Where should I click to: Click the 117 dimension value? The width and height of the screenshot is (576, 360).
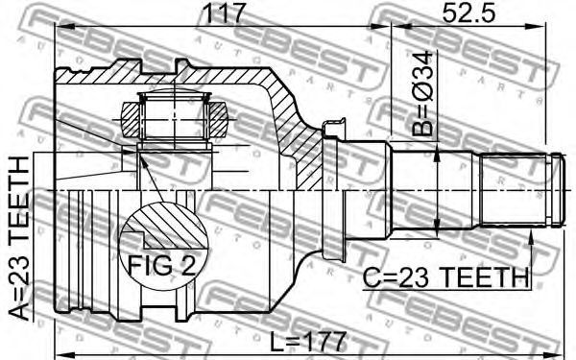click(x=224, y=12)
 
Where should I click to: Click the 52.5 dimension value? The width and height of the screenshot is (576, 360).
click(x=468, y=12)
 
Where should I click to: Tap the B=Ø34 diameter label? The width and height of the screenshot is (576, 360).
click(x=422, y=94)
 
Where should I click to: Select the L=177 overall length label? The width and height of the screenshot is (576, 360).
click(x=308, y=342)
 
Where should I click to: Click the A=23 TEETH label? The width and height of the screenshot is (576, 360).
click(x=19, y=238)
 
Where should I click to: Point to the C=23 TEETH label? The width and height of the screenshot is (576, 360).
click(x=445, y=277)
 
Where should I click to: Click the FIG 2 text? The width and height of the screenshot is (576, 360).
click(x=161, y=265)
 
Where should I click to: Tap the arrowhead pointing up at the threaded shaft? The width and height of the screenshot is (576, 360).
click(x=531, y=236)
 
